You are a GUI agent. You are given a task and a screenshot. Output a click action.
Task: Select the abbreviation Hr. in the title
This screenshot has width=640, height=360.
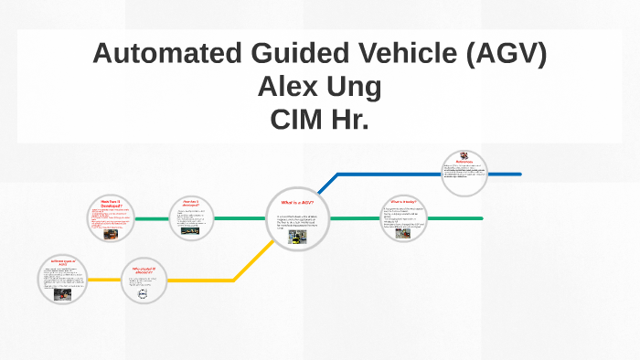[x=350, y=119]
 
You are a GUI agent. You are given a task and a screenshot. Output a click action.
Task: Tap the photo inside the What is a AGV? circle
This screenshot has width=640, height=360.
[x=298, y=238]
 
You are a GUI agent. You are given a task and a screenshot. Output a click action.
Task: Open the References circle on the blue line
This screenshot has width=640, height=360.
[x=464, y=173]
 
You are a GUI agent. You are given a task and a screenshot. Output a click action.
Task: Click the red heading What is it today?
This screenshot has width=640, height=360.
[x=403, y=201]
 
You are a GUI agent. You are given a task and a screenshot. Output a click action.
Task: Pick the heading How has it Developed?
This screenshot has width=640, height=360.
[x=112, y=204]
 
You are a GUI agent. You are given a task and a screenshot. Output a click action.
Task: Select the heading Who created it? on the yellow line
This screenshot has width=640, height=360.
[x=144, y=270]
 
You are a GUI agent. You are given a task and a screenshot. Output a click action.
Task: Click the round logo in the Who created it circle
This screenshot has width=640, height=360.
[x=142, y=295]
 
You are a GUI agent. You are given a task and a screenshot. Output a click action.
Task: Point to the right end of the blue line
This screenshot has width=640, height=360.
[x=519, y=174]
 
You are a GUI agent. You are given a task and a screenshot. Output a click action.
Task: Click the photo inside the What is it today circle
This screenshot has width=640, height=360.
[x=403, y=234]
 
